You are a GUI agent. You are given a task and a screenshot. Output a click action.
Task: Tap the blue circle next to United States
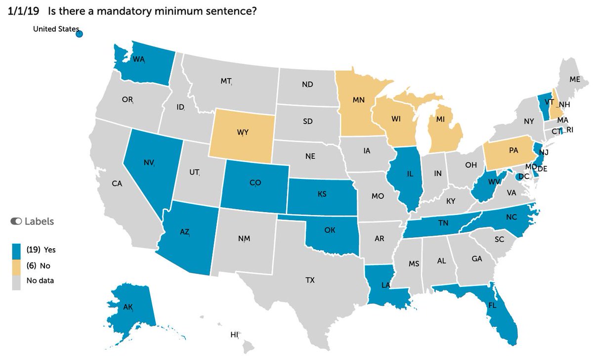pyautogui.click(x=79, y=34)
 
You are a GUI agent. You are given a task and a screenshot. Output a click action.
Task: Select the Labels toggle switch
pyautogui.click(x=16, y=222)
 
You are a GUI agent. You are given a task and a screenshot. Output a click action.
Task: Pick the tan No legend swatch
pyautogui.click(x=17, y=266)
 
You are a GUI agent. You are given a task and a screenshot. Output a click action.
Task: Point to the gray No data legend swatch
pyautogui.click(x=17, y=281)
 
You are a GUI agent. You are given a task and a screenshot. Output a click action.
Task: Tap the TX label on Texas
pyautogui.click(x=309, y=280)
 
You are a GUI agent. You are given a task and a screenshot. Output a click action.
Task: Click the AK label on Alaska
pyautogui.click(x=128, y=307)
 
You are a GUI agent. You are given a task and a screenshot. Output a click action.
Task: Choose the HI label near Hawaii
pyautogui.click(x=234, y=335)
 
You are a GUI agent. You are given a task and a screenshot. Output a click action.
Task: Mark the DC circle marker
pyautogui.click(x=518, y=177)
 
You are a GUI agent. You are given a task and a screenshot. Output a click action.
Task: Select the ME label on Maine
pyautogui.click(x=574, y=79)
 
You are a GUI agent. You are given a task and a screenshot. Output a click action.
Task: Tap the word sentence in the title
pyautogui.click(x=230, y=11)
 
